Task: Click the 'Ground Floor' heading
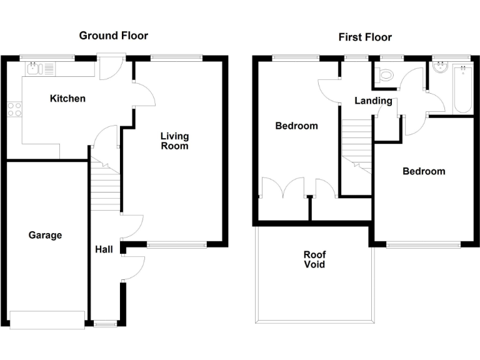point(113,36)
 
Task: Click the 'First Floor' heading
point(365,37)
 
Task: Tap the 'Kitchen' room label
point(67,99)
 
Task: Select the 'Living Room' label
point(174,141)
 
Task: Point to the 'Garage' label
point(45,236)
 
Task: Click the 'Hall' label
point(104,249)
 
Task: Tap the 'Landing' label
point(373,101)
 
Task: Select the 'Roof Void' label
point(314,259)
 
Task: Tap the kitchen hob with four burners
point(14,109)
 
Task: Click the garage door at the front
point(47,319)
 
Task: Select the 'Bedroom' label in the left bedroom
point(296,126)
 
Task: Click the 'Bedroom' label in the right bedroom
point(424,171)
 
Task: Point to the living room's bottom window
point(177,245)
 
